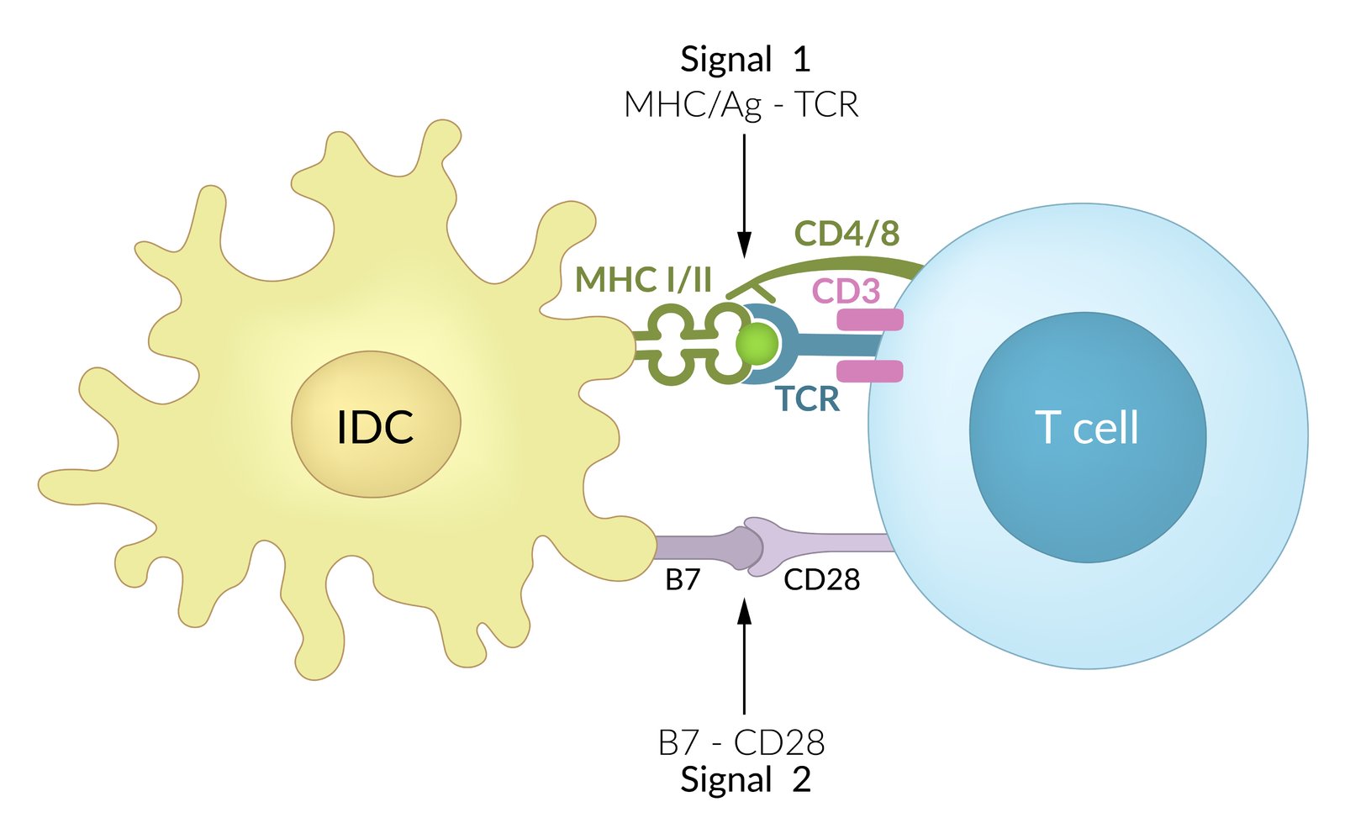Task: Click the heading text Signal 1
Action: [x=745, y=60]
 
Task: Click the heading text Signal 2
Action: [x=745, y=779]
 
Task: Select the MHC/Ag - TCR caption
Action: [x=741, y=105]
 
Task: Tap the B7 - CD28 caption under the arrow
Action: [x=741, y=742]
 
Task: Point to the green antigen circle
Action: [x=757, y=344]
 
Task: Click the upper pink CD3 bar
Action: [x=870, y=319]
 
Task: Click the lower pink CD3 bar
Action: [x=870, y=371]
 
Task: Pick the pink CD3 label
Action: [x=846, y=291]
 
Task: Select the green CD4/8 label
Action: [x=847, y=234]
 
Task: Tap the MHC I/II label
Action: [x=643, y=280]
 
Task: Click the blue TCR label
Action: [x=807, y=399]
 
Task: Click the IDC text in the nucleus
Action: [x=375, y=427]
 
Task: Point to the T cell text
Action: [x=1087, y=427]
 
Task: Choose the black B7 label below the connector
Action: [x=682, y=579]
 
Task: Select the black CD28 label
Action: [x=821, y=579]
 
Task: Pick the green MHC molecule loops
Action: [x=689, y=344]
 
